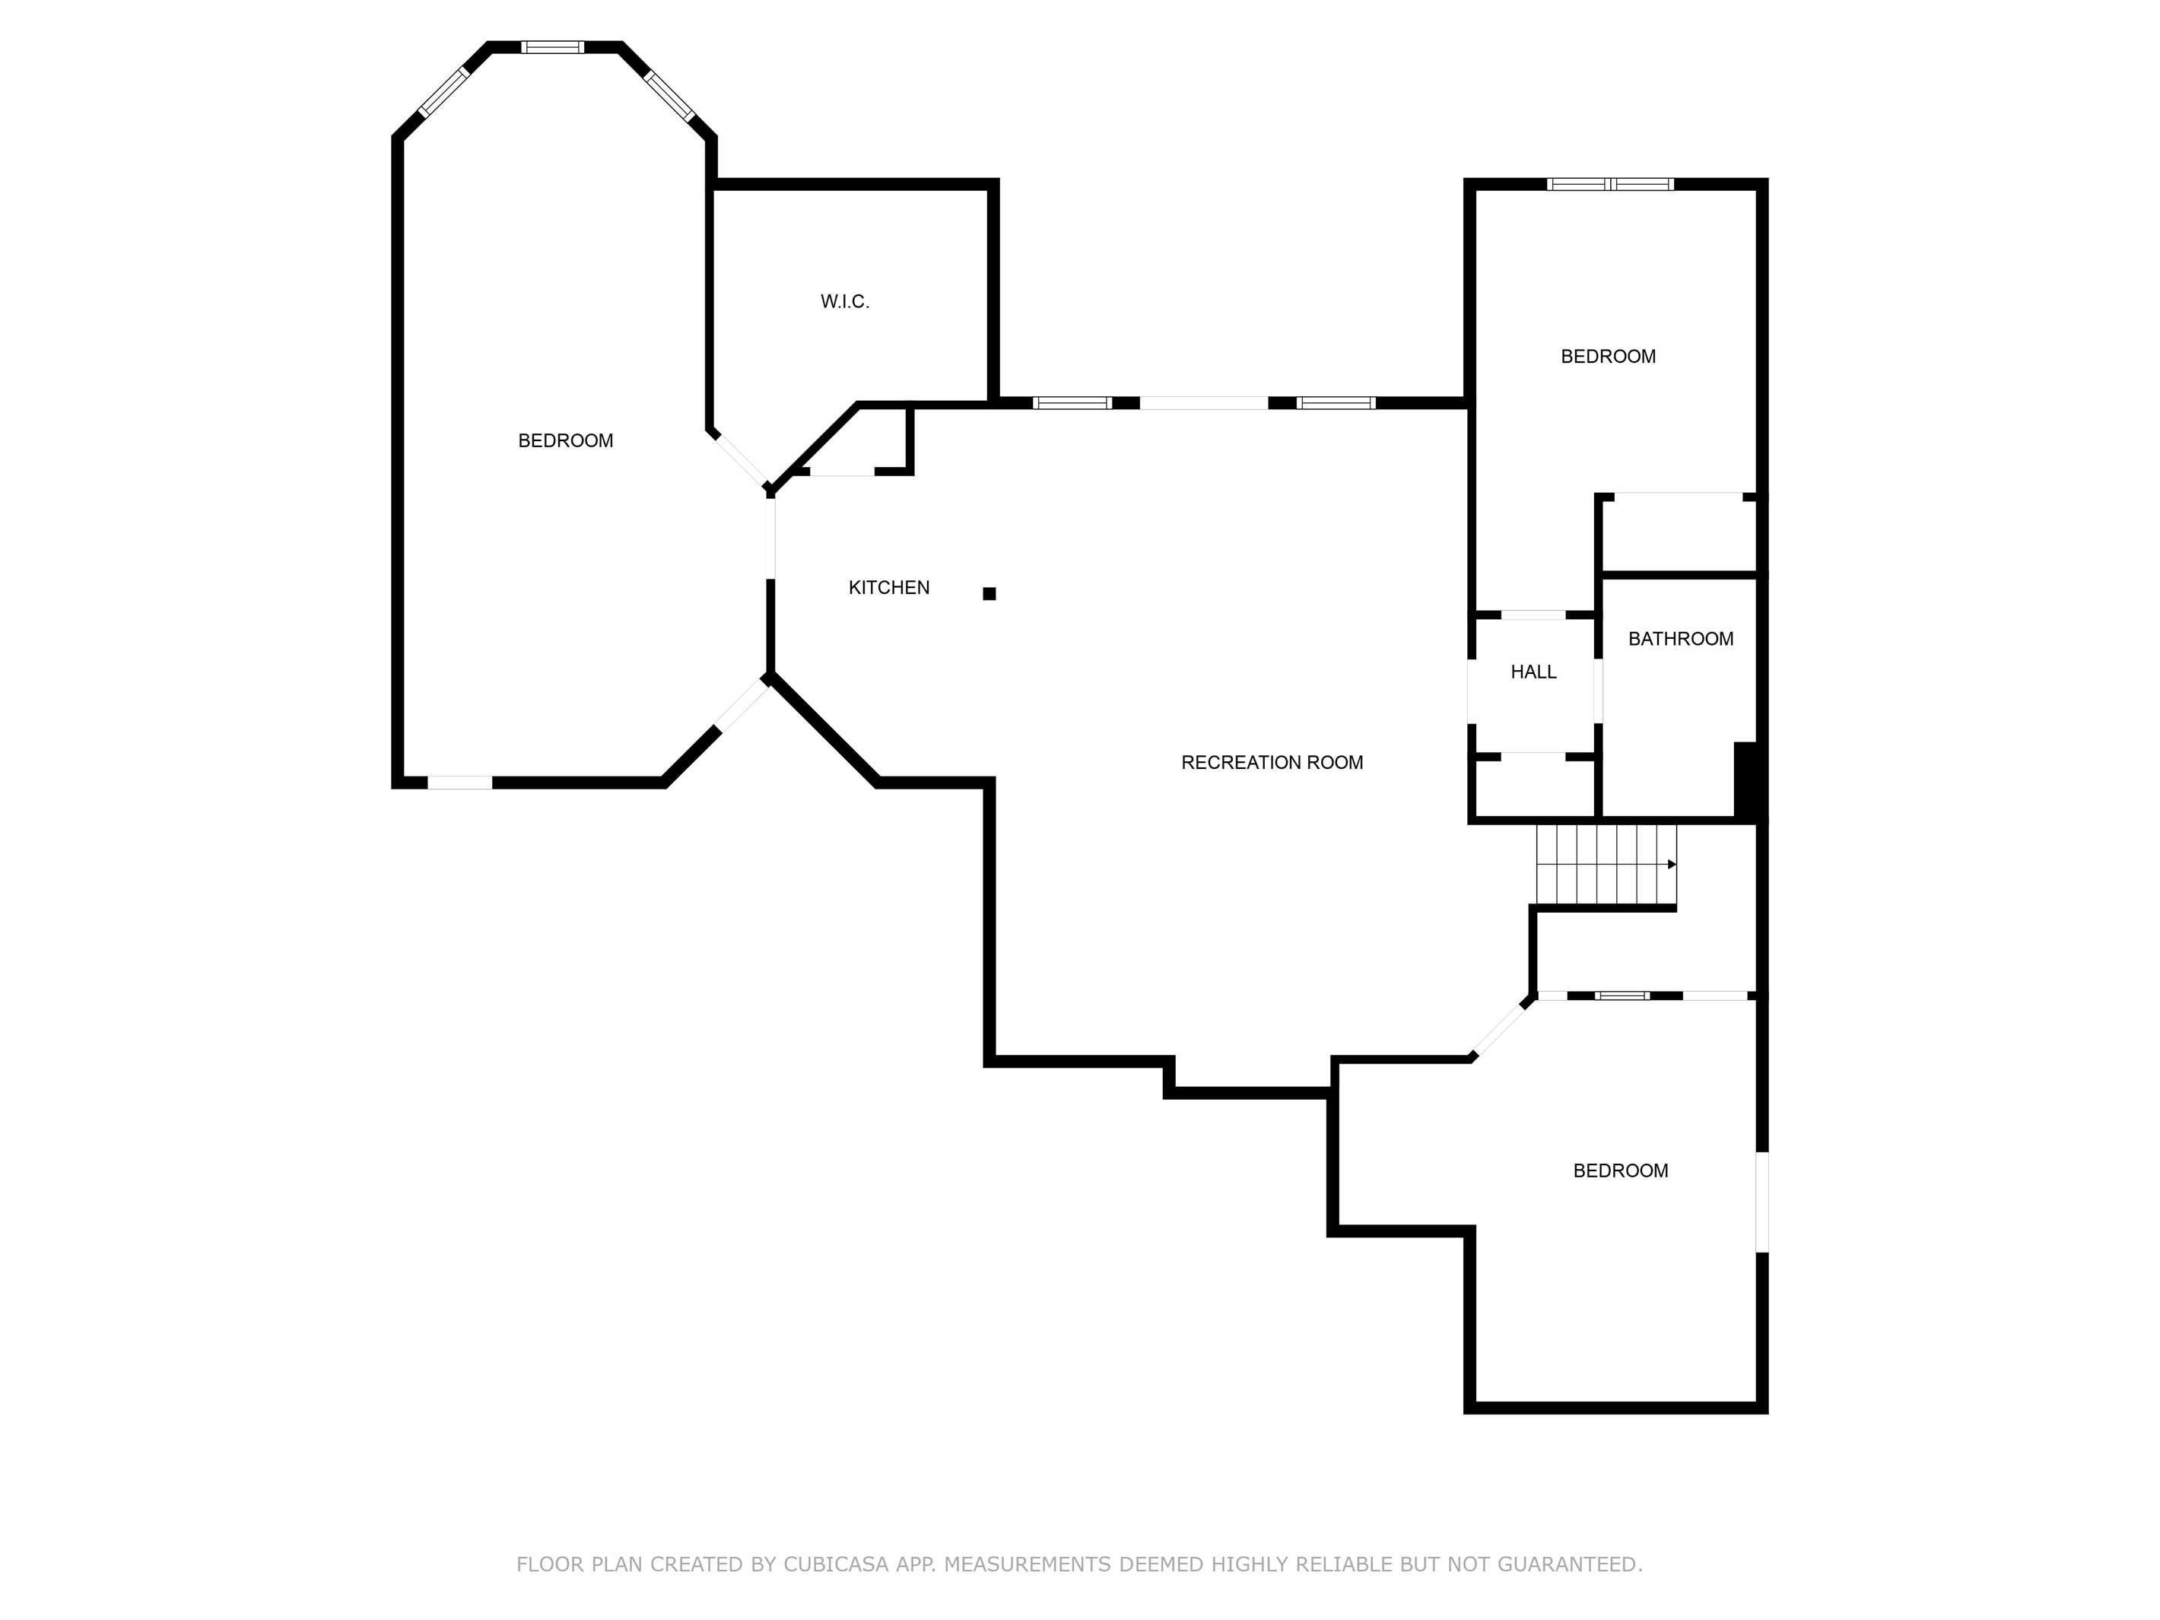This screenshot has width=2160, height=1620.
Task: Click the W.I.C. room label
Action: [x=845, y=302]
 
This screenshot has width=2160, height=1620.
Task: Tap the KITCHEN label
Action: [x=888, y=588]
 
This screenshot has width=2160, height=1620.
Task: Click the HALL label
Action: [x=1533, y=672]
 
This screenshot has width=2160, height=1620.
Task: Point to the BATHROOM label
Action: [x=1681, y=639]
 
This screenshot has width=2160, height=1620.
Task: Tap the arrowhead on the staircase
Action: [x=1672, y=864]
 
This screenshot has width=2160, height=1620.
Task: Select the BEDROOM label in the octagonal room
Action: [x=565, y=441]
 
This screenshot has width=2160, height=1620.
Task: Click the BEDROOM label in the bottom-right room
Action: [x=1620, y=1171]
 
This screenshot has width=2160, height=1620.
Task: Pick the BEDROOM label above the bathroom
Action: [x=1609, y=357]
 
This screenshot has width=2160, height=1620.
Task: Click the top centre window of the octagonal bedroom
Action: [x=553, y=47]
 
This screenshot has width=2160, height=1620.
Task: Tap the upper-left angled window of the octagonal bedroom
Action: [x=444, y=94]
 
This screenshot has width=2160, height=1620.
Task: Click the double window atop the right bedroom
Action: [x=1610, y=183]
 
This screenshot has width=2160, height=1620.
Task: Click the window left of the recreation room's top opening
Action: [x=1072, y=402]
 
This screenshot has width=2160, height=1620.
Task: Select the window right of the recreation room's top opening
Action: [x=1336, y=402]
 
